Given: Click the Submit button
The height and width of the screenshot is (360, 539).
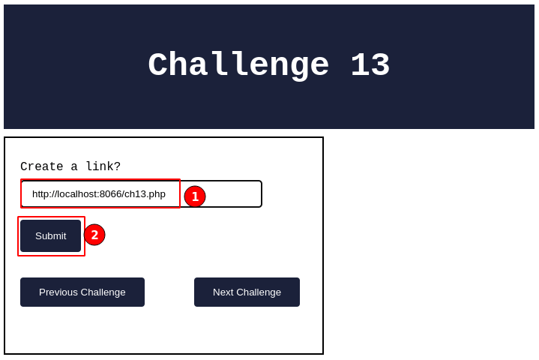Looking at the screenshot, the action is [x=50, y=235].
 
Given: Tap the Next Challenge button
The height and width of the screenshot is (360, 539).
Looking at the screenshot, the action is [x=247, y=292].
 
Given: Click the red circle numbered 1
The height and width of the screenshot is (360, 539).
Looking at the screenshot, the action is [x=195, y=196].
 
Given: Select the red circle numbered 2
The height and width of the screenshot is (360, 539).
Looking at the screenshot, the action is [x=94, y=235].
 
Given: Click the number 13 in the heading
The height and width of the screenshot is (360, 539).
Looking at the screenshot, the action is [x=370, y=64].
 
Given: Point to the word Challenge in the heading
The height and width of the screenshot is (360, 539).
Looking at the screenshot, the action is [x=238, y=65].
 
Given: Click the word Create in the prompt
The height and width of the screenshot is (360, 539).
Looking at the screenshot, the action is [x=41, y=166].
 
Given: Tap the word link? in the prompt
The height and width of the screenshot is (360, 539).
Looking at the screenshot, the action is [x=103, y=166].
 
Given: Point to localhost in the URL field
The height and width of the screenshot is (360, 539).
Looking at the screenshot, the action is [x=76, y=194].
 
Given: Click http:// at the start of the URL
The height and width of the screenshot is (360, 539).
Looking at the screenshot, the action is [x=44, y=194].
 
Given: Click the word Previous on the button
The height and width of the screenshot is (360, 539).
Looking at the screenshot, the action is [x=58, y=292].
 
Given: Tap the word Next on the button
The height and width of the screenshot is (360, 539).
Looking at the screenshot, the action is [x=223, y=292].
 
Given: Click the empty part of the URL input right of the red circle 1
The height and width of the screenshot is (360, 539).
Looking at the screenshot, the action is [x=233, y=194].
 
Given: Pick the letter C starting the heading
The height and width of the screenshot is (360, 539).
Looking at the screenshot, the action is [x=158, y=64].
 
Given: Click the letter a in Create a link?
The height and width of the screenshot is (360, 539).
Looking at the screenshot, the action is [x=74, y=167].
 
